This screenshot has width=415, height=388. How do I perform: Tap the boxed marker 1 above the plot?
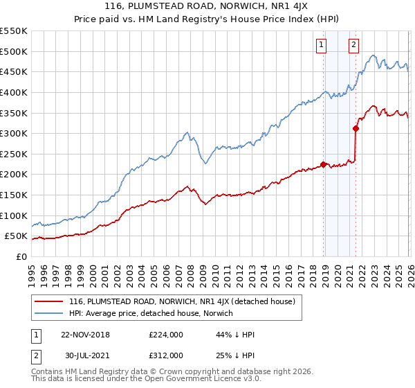click(322, 46)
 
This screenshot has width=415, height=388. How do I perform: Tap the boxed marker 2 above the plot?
click(353, 46)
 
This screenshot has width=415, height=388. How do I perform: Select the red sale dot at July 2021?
click(356, 128)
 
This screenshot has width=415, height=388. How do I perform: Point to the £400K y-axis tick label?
click(13, 92)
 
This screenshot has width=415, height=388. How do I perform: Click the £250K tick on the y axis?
click(13, 154)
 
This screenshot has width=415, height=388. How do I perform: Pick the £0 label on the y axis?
click(21, 257)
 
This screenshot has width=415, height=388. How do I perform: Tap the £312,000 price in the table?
click(165, 355)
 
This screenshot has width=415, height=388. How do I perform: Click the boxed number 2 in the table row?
click(37, 355)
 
